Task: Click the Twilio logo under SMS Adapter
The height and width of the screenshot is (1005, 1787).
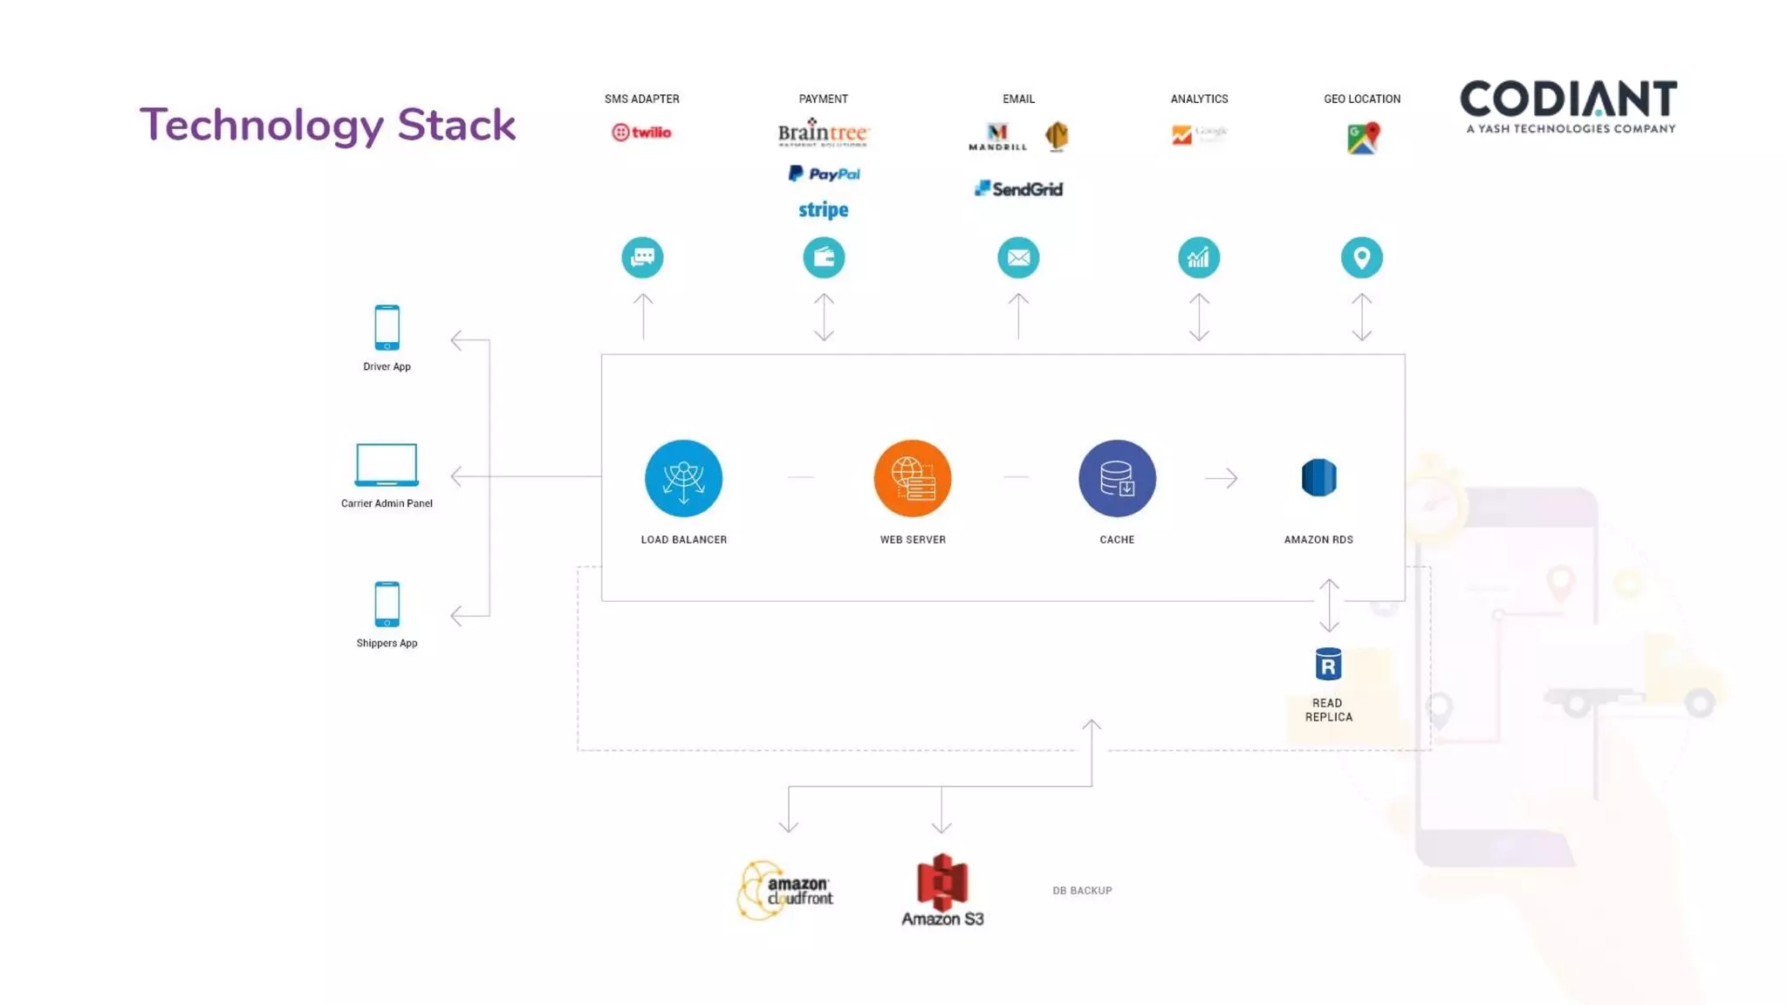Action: (641, 133)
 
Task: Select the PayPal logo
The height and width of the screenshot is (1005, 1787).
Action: (824, 174)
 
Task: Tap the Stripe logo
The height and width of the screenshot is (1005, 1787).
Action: (823, 209)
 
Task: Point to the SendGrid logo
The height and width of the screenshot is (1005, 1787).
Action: (1018, 188)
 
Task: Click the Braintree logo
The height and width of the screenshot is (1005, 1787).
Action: (823, 133)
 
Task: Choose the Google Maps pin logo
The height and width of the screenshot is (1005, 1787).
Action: (1362, 138)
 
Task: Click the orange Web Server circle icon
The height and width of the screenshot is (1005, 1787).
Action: (912, 478)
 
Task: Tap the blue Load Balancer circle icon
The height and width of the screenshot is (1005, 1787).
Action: (683, 478)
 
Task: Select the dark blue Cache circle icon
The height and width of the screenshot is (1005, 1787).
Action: (1117, 478)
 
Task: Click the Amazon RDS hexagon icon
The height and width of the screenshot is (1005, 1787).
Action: (1318, 477)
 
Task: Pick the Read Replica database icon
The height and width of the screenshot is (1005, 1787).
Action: (1328, 665)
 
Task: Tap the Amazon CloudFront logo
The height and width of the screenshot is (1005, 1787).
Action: (785, 890)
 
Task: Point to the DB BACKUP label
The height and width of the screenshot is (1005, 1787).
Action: (1082, 891)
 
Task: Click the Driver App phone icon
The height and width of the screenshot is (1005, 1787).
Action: (387, 328)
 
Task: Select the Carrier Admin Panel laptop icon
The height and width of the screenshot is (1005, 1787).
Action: (387, 464)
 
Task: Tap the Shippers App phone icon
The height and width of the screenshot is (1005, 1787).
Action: (387, 604)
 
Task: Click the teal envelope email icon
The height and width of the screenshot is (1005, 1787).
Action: (1018, 257)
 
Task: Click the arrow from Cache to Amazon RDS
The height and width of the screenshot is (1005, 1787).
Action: (1221, 478)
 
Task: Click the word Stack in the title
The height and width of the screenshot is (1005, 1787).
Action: (456, 125)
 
